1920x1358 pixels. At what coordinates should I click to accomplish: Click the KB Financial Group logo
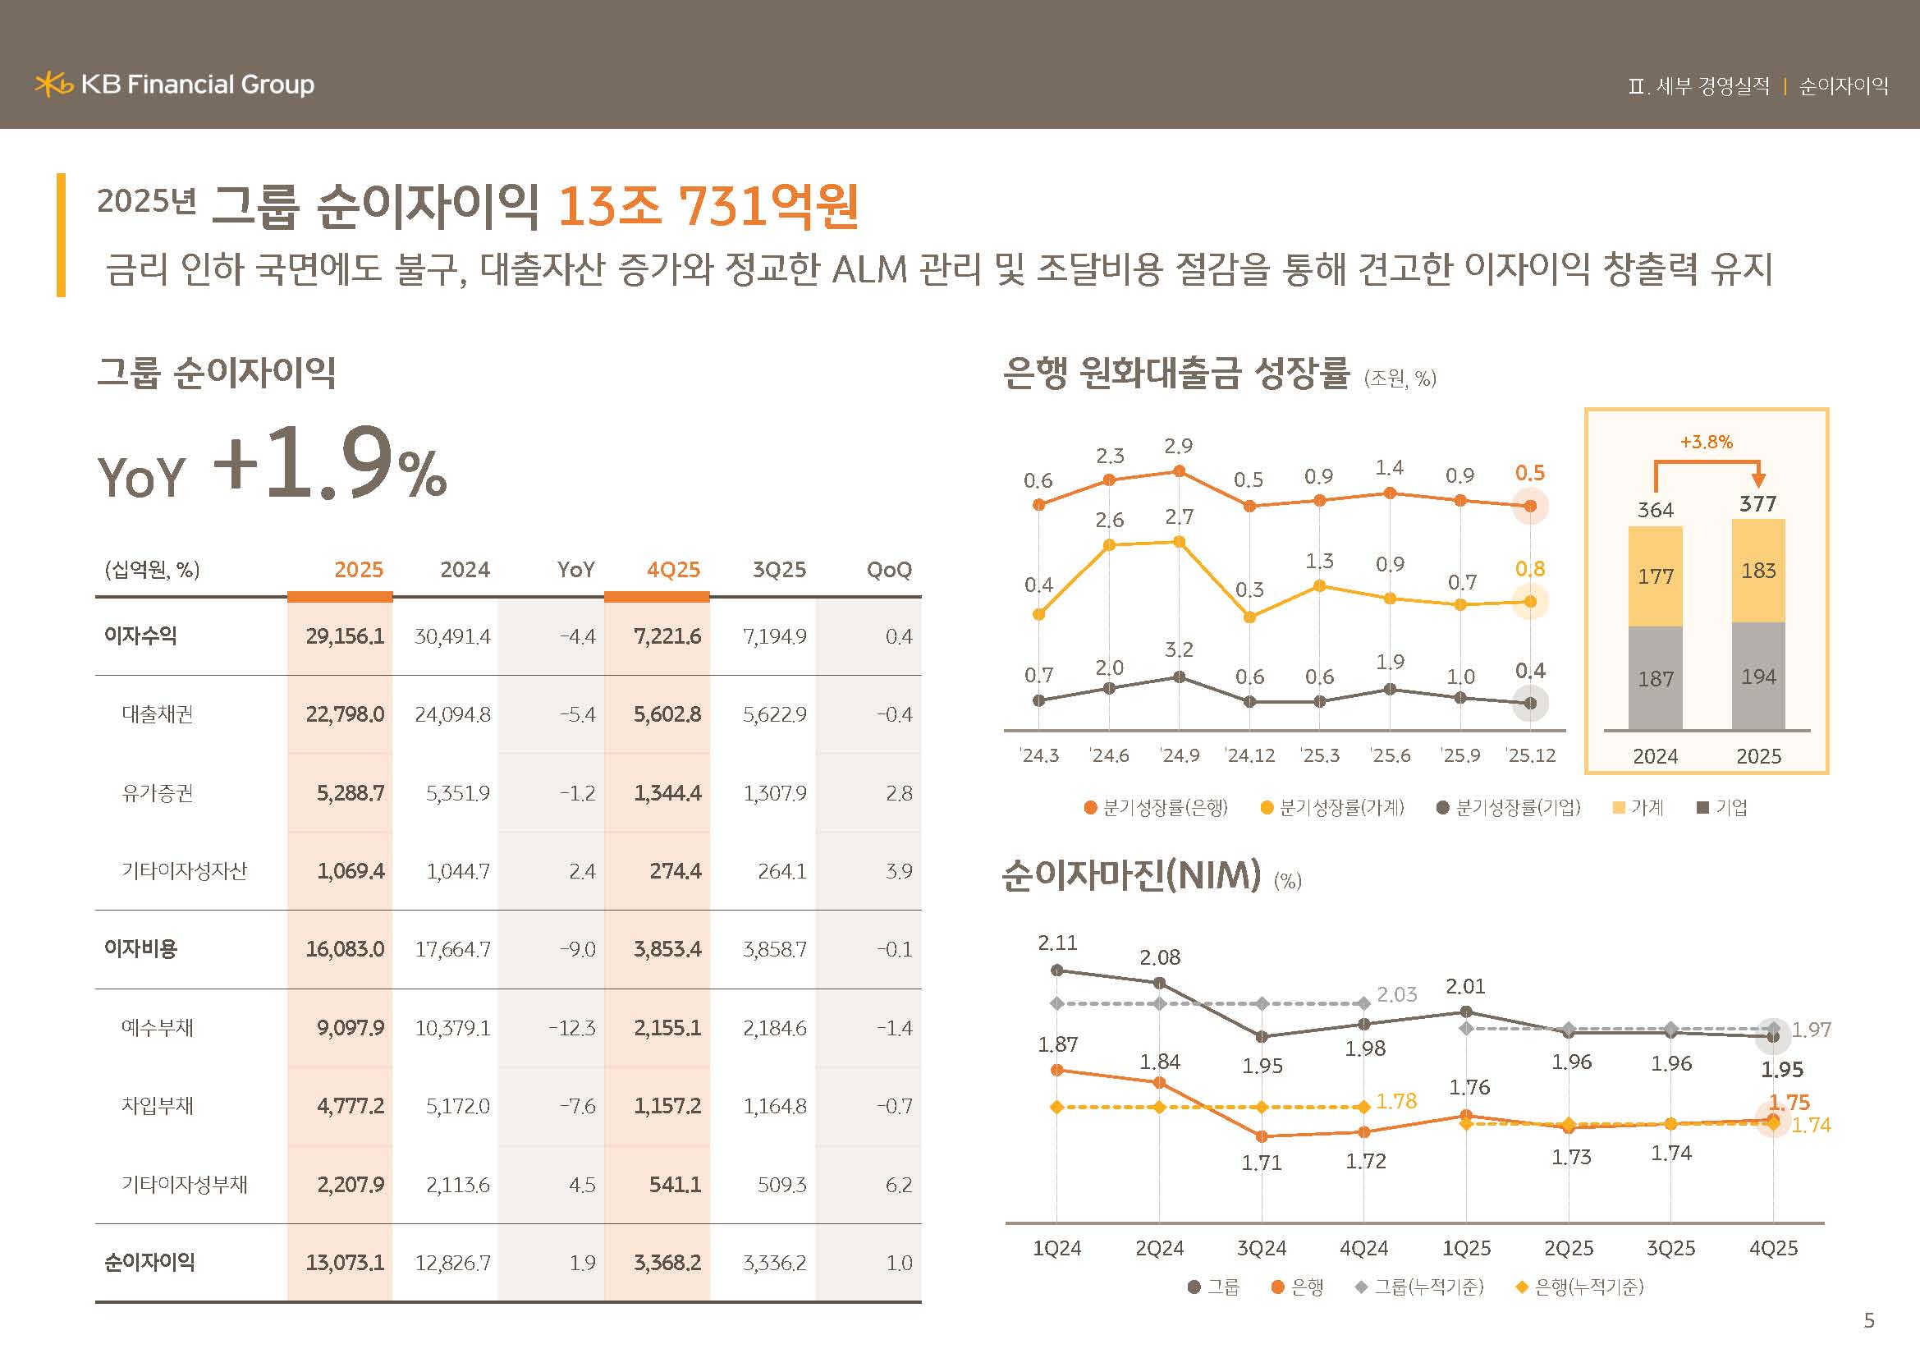(x=174, y=85)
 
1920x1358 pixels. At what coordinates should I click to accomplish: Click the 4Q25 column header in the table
(x=672, y=570)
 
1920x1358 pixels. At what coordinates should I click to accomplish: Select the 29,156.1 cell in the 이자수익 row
(x=345, y=636)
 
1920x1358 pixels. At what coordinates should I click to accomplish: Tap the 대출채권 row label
(x=158, y=714)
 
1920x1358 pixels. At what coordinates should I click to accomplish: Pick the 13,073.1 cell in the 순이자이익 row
(x=345, y=1262)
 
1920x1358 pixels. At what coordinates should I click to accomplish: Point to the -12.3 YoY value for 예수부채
(x=572, y=1028)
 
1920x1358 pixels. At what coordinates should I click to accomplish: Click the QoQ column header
(x=889, y=570)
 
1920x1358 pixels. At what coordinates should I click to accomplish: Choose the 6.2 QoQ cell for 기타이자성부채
(x=898, y=1184)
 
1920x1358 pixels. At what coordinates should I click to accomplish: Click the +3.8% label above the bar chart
(x=1706, y=442)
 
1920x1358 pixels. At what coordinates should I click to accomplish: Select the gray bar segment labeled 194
(x=1757, y=676)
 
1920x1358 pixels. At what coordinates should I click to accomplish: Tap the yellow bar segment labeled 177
(x=1655, y=576)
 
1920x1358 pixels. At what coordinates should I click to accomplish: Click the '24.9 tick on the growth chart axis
(x=1179, y=755)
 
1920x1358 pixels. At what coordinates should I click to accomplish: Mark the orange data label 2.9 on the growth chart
(x=1178, y=446)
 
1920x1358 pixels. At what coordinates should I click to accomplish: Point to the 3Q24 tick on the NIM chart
(x=1261, y=1249)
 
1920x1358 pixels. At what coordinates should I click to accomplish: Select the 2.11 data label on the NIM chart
(x=1057, y=943)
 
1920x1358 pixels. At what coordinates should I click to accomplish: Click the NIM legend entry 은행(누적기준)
(x=1580, y=1287)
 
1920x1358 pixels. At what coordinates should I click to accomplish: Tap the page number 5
(x=1869, y=1320)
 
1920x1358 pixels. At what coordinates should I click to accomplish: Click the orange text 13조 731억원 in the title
(x=708, y=206)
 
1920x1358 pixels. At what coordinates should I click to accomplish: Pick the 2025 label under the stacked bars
(x=1757, y=756)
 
